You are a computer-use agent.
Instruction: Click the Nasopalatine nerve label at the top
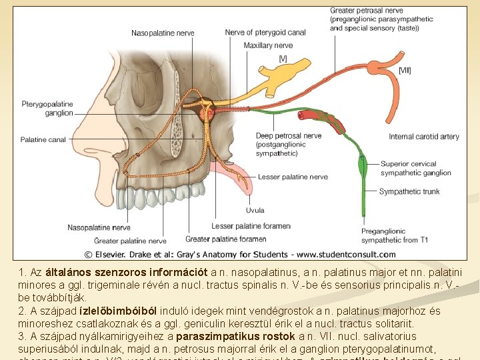[x=163, y=33]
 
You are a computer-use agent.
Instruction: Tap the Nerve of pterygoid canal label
[x=265, y=32]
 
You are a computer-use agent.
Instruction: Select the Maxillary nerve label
[x=268, y=45]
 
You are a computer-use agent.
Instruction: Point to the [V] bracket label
[x=283, y=59]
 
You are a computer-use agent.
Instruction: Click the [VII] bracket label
[x=405, y=70]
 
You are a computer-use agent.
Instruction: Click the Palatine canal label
[x=43, y=140]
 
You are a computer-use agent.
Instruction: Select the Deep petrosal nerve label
[x=288, y=136]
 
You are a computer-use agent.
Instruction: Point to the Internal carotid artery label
[x=424, y=137]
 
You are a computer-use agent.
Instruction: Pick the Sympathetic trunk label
[x=409, y=191]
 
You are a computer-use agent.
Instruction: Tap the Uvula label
[x=255, y=210]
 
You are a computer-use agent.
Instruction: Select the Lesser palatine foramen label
[x=251, y=226]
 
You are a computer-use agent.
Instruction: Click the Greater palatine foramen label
[x=226, y=238]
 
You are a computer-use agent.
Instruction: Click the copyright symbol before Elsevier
[x=87, y=254]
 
